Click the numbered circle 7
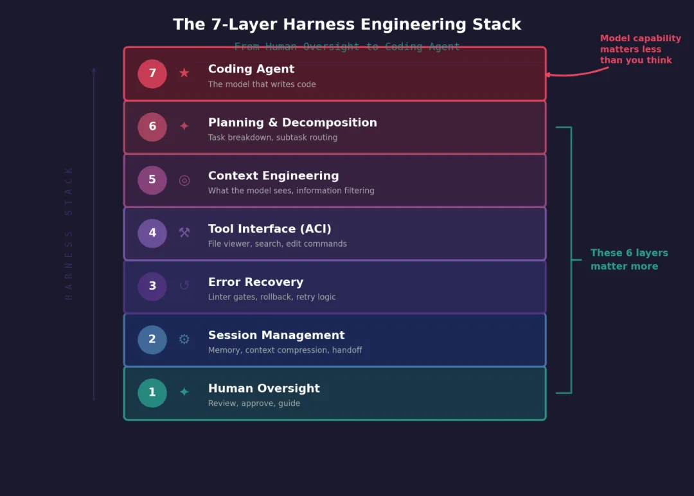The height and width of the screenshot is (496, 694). click(x=152, y=74)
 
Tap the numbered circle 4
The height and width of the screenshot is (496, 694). click(x=152, y=233)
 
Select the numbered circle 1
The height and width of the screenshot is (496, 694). click(x=152, y=393)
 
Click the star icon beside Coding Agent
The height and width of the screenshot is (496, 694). click(x=184, y=73)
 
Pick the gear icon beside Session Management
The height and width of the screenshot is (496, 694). click(x=184, y=339)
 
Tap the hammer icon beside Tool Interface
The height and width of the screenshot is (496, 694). click(x=184, y=233)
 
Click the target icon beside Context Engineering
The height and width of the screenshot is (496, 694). click(x=184, y=180)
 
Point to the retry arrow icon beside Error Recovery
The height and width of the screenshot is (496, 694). click(x=184, y=286)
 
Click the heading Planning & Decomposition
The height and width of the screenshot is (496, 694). click(x=292, y=123)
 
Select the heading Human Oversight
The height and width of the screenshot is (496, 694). click(x=263, y=389)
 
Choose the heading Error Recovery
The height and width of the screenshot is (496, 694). click(x=255, y=282)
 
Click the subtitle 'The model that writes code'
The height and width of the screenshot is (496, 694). click(x=262, y=84)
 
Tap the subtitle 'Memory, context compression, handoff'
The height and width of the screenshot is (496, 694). click(x=285, y=350)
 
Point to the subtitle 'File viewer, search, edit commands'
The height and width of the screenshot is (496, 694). click(x=277, y=244)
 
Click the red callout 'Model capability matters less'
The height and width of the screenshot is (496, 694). click(x=640, y=49)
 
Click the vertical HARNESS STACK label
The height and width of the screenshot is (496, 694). click(x=69, y=233)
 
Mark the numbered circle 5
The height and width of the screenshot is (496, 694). click(x=152, y=180)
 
